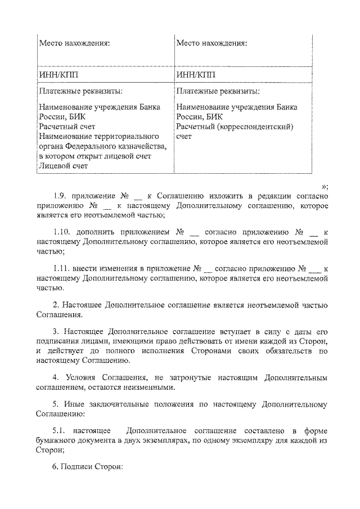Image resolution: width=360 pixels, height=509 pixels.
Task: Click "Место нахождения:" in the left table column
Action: [74, 43]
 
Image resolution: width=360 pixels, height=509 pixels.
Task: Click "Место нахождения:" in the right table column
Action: [211, 43]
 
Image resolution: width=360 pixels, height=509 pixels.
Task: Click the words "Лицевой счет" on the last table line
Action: [63, 166]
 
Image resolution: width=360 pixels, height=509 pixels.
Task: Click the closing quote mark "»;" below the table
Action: [325, 186]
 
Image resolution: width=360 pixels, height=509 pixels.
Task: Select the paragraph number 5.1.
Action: [60, 430]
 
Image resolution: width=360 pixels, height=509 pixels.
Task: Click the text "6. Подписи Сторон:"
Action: [87, 466]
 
